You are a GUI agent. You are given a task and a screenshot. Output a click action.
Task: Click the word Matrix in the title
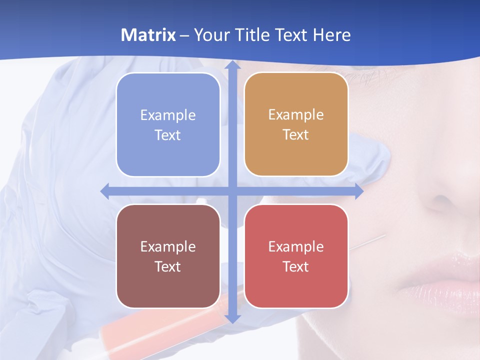pyautogui.click(x=148, y=35)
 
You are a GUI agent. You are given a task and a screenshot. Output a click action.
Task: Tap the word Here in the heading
pyautogui.click(x=331, y=35)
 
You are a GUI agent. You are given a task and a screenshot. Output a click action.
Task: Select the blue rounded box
pyautogui.click(x=168, y=124)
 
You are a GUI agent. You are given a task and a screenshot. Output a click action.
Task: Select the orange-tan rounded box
pyautogui.click(x=296, y=124)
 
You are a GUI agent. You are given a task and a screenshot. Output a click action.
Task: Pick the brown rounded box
pyautogui.click(x=168, y=256)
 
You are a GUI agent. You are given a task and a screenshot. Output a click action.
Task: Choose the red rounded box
pyautogui.click(x=296, y=256)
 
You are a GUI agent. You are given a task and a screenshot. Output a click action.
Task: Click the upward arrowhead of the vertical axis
pyautogui.click(x=232, y=66)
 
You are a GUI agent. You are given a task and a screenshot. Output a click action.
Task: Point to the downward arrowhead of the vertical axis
pyautogui.click(x=232, y=318)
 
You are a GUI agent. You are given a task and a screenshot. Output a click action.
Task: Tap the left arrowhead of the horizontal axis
pyautogui.click(x=105, y=191)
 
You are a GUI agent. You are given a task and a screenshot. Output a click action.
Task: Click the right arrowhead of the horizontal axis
pyautogui.click(x=358, y=191)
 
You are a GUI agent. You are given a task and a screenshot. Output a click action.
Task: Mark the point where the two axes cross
pyautogui.click(x=232, y=191)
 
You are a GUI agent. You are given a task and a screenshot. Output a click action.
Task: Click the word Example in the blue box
pyautogui.click(x=168, y=115)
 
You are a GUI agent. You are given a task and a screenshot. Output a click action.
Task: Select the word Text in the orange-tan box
pyautogui.click(x=296, y=135)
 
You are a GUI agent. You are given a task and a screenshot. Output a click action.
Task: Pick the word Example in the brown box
pyautogui.click(x=168, y=246)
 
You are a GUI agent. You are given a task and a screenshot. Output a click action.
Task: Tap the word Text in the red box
pyautogui.click(x=296, y=266)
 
